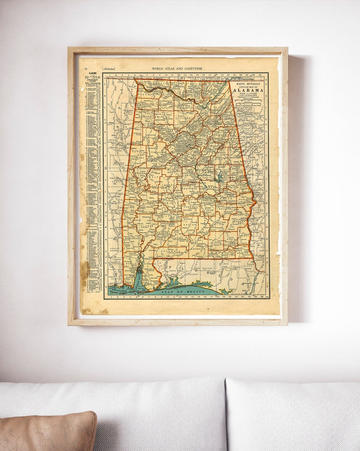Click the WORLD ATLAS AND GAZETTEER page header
point(177,69)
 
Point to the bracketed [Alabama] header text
point(108,69)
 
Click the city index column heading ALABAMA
point(92,73)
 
